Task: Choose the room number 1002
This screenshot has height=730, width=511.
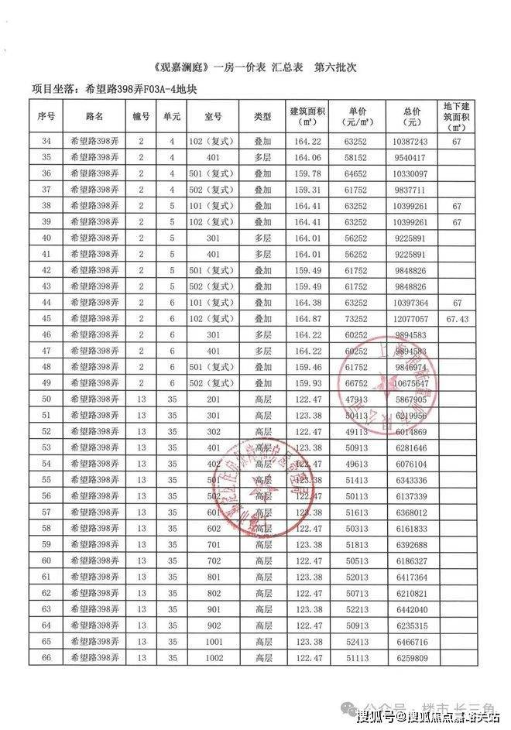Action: click(214, 657)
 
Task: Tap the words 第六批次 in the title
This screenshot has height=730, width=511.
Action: click(334, 68)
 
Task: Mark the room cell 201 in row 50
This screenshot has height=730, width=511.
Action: click(214, 399)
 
